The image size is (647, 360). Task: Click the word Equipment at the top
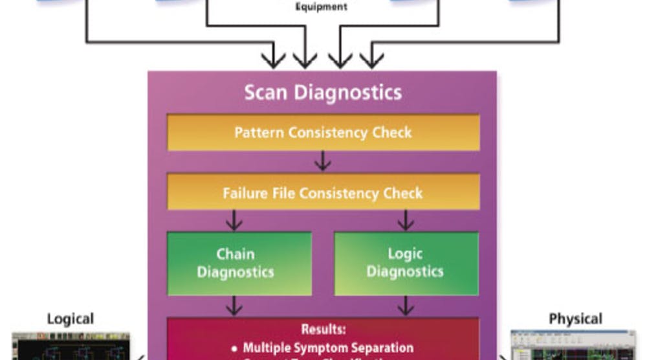click(321, 7)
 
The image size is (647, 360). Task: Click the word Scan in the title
click(267, 92)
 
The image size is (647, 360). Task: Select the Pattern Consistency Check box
click(323, 133)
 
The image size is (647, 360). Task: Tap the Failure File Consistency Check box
click(323, 193)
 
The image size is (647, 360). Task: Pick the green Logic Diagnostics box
click(406, 263)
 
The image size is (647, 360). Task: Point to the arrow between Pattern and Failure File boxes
click(323, 163)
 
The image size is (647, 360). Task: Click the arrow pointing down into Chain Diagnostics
click(234, 221)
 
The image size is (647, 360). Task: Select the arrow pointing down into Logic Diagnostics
click(406, 221)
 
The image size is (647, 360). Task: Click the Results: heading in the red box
click(323, 329)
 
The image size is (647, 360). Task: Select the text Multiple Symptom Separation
click(328, 348)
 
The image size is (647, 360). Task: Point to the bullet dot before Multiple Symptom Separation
click(234, 348)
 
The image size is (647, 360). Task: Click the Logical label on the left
click(70, 319)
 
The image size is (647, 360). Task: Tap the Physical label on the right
click(575, 319)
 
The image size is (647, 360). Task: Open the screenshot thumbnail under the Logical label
click(71, 346)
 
